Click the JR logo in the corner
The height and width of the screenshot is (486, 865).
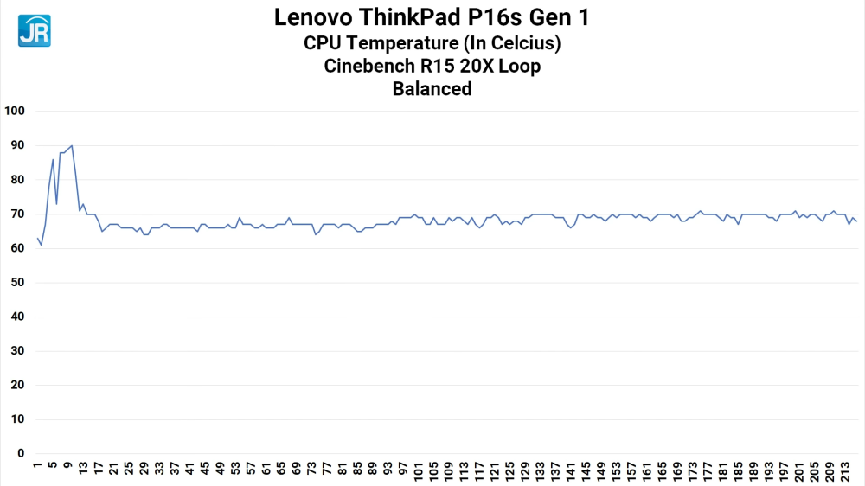(x=35, y=30)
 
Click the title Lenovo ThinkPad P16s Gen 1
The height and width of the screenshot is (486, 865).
(x=432, y=16)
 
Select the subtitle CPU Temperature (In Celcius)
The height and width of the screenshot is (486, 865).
(x=432, y=42)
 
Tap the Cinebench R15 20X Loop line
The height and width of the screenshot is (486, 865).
(x=432, y=66)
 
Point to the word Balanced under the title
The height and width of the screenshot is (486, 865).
(x=432, y=88)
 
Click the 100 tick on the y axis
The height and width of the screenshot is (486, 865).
(x=16, y=112)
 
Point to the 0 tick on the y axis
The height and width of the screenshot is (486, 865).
(x=22, y=453)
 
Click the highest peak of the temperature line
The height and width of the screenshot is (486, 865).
(x=72, y=145)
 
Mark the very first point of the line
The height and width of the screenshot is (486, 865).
(x=37, y=237)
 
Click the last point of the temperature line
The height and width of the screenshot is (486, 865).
(x=856, y=221)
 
